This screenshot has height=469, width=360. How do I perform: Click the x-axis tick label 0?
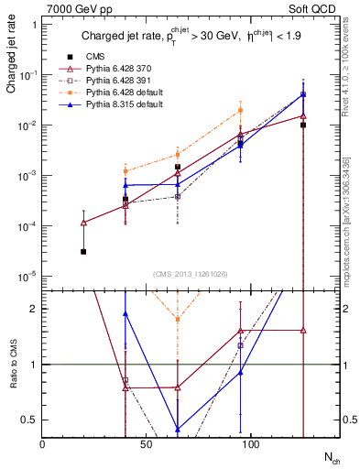43,442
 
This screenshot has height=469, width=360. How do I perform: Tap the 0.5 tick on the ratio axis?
30,420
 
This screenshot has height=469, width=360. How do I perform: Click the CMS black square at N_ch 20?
83,251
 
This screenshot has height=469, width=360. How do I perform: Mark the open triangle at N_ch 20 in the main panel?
83,222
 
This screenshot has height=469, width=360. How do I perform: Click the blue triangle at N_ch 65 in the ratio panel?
178,429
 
